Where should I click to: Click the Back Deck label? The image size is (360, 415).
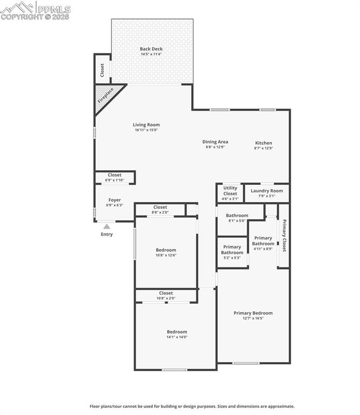tap(151, 49)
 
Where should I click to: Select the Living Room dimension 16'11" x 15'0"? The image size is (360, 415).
tap(146, 130)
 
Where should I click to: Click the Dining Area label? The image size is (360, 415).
tap(215, 142)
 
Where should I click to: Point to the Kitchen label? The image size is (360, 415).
tap(263, 143)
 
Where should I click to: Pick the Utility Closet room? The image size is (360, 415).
tap(230, 193)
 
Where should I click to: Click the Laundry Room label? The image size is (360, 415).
tap(266, 191)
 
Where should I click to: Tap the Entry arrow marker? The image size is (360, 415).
tap(107, 226)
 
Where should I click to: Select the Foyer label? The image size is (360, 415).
tap(115, 200)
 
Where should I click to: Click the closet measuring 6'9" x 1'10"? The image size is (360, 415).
tap(115, 178)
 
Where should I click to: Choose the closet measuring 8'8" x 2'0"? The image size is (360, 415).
tap(160, 210)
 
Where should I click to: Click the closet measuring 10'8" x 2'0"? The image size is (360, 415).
tap(166, 296)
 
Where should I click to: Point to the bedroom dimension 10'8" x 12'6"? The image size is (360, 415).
tap(166, 256)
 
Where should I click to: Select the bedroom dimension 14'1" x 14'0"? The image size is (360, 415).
tap(177, 337)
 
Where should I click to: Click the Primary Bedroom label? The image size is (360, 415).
tap(253, 313)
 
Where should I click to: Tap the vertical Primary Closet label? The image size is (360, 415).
tap(284, 235)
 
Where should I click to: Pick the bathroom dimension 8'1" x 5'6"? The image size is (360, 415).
tap(237, 220)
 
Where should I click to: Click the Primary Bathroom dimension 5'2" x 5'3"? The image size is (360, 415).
tap(232, 258)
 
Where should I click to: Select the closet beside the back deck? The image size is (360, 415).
tap(102, 69)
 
